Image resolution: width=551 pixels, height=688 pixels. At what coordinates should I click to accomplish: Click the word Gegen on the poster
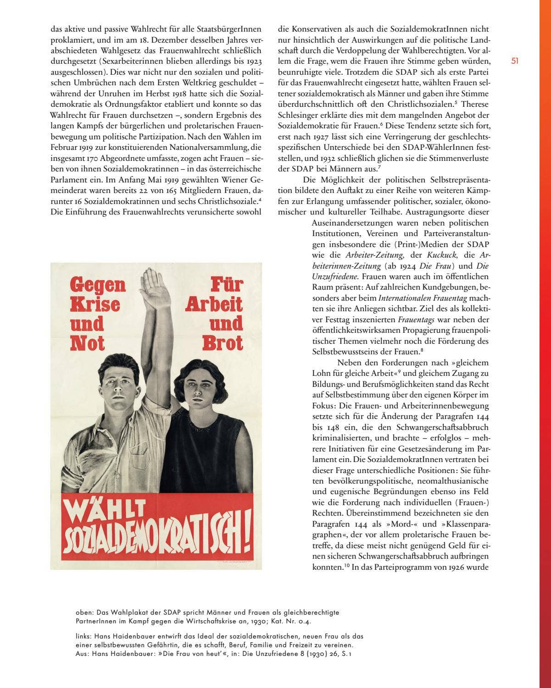pyautogui.click(x=98, y=285)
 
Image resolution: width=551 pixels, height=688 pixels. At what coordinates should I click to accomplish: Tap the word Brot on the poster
pyautogui.click(x=223, y=343)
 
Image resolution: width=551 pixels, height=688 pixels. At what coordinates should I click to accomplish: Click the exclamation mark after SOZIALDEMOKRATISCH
pyautogui.click(x=247, y=536)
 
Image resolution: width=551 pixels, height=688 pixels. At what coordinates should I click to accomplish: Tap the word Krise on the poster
pyautogui.click(x=95, y=304)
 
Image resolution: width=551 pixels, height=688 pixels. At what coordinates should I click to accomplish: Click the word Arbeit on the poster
pyautogui.click(x=214, y=304)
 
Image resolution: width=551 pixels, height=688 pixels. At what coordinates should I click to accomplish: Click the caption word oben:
pyautogui.click(x=85, y=612)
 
